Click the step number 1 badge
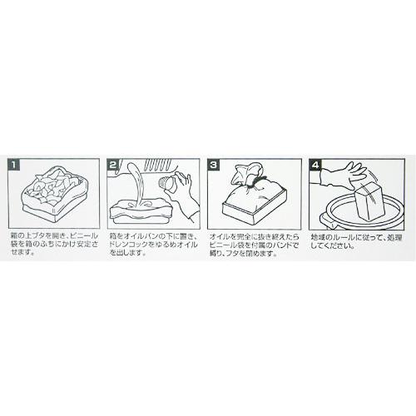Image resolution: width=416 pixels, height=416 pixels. pyautogui.click(x=15, y=165)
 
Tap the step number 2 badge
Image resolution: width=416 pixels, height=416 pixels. pyautogui.click(x=116, y=165)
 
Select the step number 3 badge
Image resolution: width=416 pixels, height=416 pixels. pyautogui.click(x=215, y=165)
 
